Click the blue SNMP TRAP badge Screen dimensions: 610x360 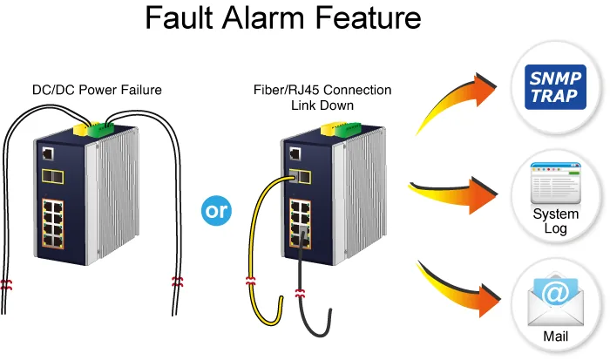[x=555, y=87]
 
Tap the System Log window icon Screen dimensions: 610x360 [x=556, y=183]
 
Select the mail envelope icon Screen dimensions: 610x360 [x=556, y=300]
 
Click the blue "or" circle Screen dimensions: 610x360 [x=216, y=211]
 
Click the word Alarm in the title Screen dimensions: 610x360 [x=264, y=18]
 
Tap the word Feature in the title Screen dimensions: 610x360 [x=368, y=18]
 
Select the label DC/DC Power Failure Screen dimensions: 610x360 [x=97, y=90]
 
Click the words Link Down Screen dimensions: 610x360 [x=322, y=105]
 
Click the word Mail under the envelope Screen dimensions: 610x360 [x=556, y=336]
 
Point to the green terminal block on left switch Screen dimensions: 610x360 [x=100, y=130]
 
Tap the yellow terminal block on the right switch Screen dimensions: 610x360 [x=329, y=129]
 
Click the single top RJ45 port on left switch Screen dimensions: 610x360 [x=48, y=153]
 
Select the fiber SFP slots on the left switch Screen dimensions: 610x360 [x=53, y=177]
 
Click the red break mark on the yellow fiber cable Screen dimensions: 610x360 [x=251, y=281]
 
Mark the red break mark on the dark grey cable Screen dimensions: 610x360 [x=300, y=293]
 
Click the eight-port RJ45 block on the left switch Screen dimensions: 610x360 [x=53, y=224]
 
